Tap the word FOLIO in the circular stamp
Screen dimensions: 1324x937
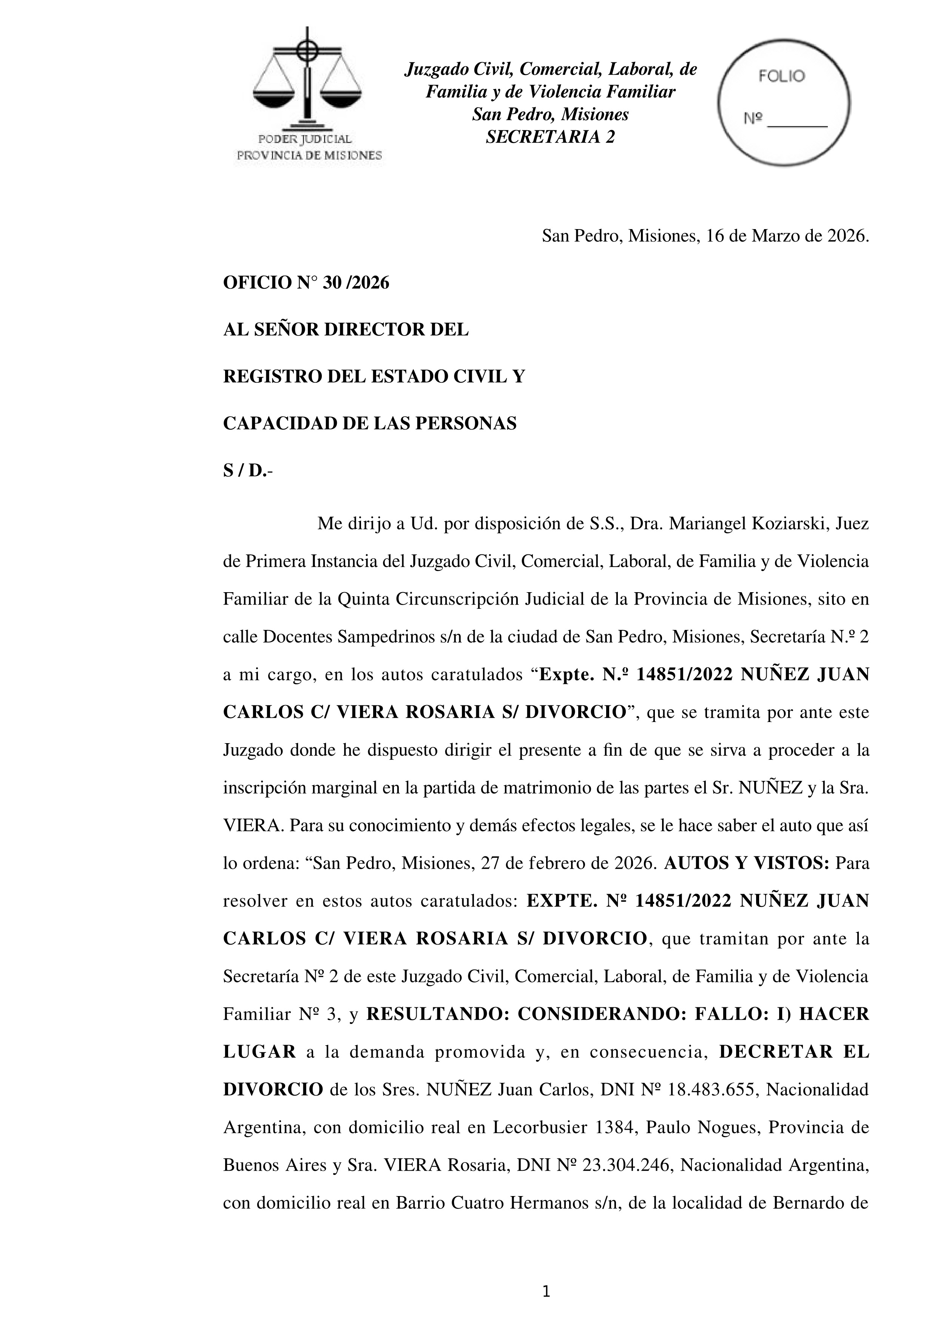(x=781, y=76)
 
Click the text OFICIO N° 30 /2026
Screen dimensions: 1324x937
(x=306, y=283)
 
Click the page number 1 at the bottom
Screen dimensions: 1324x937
(x=546, y=1292)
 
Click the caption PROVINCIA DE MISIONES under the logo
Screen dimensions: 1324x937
(x=310, y=155)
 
